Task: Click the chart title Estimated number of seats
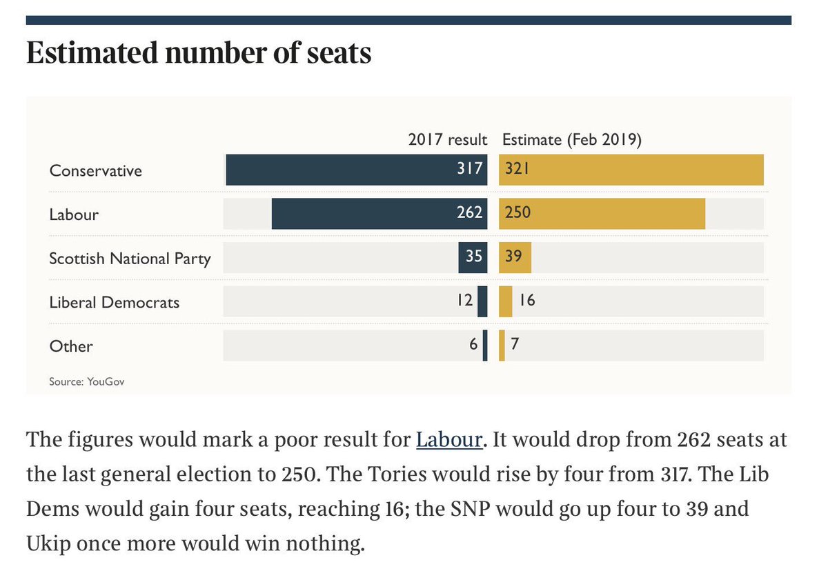[199, 54]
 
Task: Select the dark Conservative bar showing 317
[345, 170]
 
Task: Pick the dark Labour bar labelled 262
[366, 214]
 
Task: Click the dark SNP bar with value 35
[473, 257]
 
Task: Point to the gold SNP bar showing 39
[515, 257]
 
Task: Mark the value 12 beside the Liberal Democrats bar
[464, 301]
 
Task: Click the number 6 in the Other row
[473, 344]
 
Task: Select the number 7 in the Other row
[515, 344]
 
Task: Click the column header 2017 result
[447, 140]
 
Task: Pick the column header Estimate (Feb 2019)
[572, 140]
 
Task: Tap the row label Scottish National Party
[130, 259]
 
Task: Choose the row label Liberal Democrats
[114, 302]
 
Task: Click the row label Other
[70, 346]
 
